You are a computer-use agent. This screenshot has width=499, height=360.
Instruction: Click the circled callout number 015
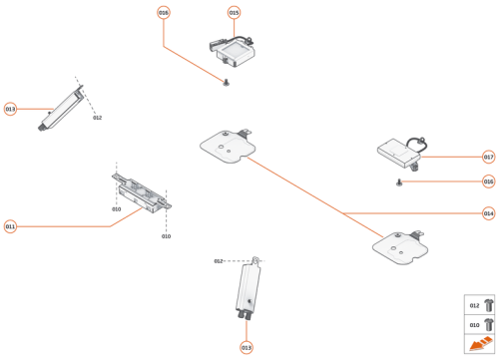234,13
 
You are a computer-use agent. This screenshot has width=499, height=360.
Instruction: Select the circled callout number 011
10,226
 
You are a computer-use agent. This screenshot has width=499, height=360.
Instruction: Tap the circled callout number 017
488,157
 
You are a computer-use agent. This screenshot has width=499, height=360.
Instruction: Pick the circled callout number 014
488,213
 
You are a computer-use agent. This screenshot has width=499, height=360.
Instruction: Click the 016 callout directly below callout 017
488,181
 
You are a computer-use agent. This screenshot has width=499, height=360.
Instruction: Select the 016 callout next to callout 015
164,13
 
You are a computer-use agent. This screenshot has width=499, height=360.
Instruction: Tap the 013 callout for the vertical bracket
246,347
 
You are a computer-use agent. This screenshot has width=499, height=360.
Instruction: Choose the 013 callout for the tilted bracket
10,109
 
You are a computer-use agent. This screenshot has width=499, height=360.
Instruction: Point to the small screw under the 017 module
399,181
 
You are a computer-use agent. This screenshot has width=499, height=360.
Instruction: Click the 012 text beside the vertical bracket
218,261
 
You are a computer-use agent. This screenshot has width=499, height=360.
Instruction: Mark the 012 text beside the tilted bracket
97,118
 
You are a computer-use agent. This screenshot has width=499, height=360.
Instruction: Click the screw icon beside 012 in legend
486,305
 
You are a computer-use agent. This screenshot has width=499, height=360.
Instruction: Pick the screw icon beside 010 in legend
486,324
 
